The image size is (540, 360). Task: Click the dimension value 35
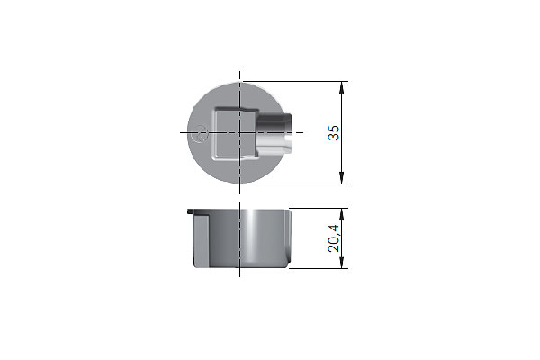pos(334,132)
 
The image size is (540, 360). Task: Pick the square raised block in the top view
pos(232,133)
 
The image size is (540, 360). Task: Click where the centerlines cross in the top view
pos(240,133)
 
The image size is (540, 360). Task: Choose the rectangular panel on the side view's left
pos(202,241)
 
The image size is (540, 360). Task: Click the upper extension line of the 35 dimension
pos(297,81)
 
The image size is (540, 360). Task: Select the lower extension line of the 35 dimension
pos(297,185)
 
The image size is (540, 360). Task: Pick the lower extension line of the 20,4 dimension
pos(319,269)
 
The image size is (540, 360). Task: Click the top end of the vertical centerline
pos(240,72)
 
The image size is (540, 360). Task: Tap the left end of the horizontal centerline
pos(181,133)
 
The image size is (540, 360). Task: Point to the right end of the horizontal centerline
pos(304,133)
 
